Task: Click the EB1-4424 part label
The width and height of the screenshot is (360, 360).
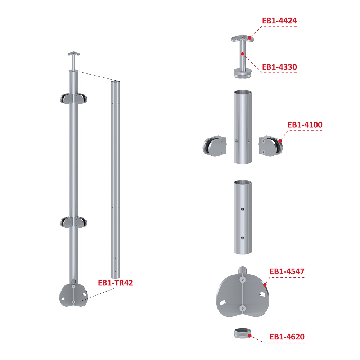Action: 279,21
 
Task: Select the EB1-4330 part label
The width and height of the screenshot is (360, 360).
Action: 279,67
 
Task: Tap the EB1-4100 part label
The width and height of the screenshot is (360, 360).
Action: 305,125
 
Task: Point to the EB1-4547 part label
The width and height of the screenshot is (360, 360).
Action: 287,271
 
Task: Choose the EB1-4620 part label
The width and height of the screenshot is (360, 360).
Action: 287,337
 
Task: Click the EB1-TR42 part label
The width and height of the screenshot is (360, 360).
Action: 116,283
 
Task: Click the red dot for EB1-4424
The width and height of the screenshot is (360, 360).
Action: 249,38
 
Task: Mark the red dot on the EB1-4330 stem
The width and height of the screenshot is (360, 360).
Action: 242,54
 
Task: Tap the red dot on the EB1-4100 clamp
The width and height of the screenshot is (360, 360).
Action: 280,141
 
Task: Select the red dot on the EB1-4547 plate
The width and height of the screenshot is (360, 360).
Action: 265,285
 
